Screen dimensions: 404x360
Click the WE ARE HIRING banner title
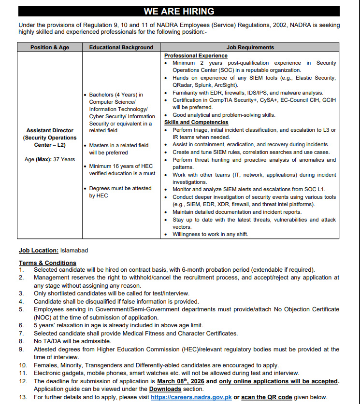click(179, 11)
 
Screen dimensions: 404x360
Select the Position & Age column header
click(50, 47)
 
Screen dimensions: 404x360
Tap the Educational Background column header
click(121, 47)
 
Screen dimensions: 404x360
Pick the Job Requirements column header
click(250, 47)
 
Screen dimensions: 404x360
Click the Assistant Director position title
click(50, 130)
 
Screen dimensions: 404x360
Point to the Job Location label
click(39, 251)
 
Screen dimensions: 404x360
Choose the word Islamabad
click(74, 251)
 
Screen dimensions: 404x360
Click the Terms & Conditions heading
click(47, 263)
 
